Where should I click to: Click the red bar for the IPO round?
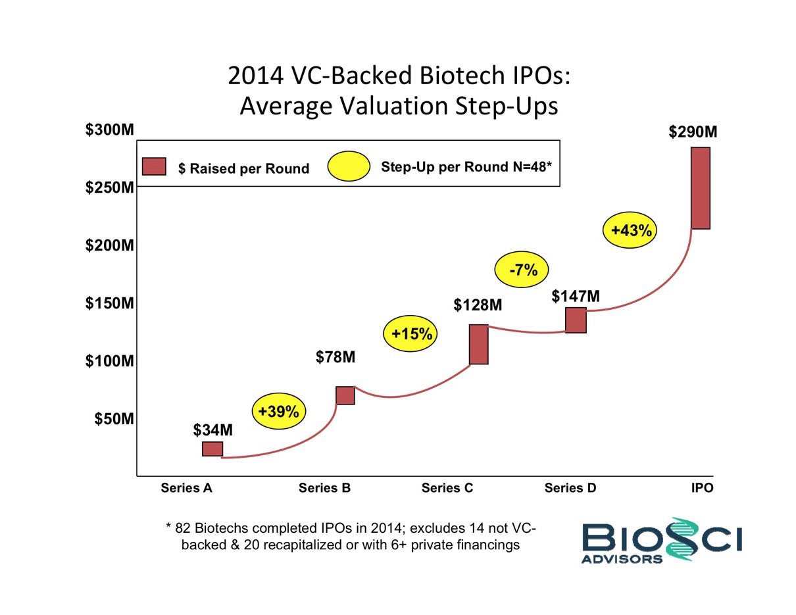coord(700,188)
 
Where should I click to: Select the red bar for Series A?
coord(212,449)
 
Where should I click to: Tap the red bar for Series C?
coord(478,344)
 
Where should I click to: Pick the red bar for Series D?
coord(576,320)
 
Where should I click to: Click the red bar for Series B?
coord(345,395)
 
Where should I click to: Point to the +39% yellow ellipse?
coord(278,411)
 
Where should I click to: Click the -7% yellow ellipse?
coord(522,269)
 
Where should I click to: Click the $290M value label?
coord(693,132)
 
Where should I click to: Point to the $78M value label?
coord(336,357)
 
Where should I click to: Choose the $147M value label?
coord(576,297)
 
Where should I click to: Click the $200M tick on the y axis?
coord(110,245)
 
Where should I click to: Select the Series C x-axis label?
coord(447,488)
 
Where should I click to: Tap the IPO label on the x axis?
coord(702,488)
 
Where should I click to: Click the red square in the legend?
coord(154,167)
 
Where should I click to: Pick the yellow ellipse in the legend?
coord(349,166)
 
